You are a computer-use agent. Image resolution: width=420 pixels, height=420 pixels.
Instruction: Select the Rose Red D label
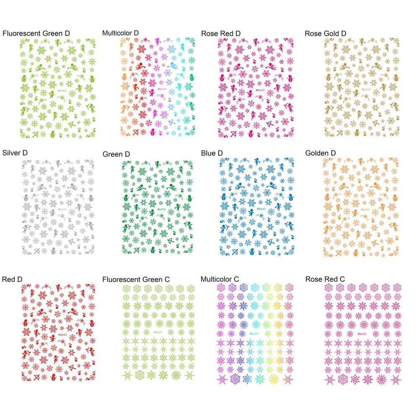pos(221,33)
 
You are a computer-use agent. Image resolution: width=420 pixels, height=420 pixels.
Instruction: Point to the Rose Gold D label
pos(326,33)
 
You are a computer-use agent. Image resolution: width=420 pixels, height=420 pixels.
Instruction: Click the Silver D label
pos(15,153)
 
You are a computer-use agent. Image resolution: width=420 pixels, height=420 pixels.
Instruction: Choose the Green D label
pos(116,154)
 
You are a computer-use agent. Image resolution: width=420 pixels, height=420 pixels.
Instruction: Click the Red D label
pos(12,279)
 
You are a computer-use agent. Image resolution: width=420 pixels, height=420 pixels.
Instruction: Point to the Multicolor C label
pos(220,279)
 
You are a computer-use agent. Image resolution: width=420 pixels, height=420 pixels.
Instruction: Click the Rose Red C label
pos(325,279)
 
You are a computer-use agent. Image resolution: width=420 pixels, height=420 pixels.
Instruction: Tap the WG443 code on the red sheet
pos(62,334)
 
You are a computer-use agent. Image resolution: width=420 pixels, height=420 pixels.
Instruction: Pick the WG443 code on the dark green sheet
pos(161,209)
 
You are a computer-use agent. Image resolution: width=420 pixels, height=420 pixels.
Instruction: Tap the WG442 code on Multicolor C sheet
pos(255,334)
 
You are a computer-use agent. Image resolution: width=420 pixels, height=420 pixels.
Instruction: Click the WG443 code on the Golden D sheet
pos(365,209)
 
